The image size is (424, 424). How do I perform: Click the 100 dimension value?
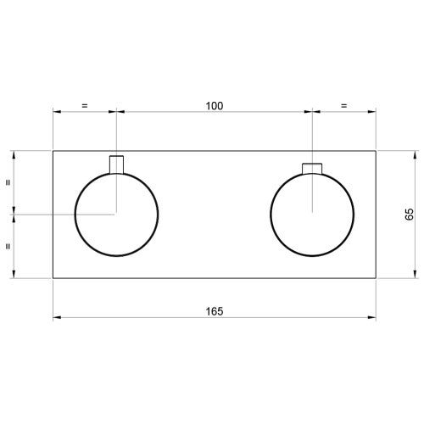coord(214,106)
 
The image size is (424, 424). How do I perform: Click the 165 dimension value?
coord(214,311)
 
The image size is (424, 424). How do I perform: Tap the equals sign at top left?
coord(84,106)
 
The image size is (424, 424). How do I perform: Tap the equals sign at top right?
coord(344,106)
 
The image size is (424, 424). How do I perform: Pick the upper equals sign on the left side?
coord(8,181)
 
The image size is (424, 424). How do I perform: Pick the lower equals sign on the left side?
coord(8,246)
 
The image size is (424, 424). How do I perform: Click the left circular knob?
coord(117,214)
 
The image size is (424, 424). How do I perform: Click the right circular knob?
coord(313,214)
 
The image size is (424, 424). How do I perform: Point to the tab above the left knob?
coord(117,164)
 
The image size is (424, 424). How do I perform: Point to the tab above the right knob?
coord(313,166)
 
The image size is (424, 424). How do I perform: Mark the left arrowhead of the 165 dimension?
coord(57,318)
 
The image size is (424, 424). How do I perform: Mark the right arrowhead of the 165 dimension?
coord(373,318)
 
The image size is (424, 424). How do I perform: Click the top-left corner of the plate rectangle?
coord(53,151)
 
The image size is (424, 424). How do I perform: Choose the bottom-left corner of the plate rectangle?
coord(53,276)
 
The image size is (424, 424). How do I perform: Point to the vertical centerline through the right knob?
coord(313,136)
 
